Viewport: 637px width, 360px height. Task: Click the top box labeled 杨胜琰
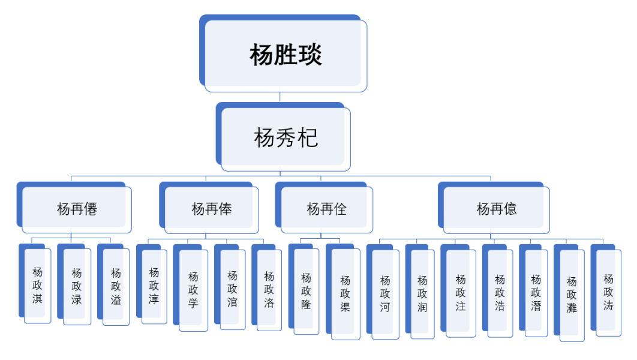(286, 55)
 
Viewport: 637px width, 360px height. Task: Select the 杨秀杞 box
(286, 139)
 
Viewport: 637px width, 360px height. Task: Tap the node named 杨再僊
(77, 209)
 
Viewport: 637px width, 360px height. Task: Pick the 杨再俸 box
(211, 209)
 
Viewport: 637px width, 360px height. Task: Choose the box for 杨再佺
(326, 209)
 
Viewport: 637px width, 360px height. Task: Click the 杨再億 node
(496, 209)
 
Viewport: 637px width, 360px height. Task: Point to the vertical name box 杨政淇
(38, 285)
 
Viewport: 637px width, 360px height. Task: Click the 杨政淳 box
(154, 286)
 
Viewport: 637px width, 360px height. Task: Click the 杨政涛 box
(608, 292)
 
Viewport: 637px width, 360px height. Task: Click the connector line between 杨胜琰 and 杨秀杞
(280, 97)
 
